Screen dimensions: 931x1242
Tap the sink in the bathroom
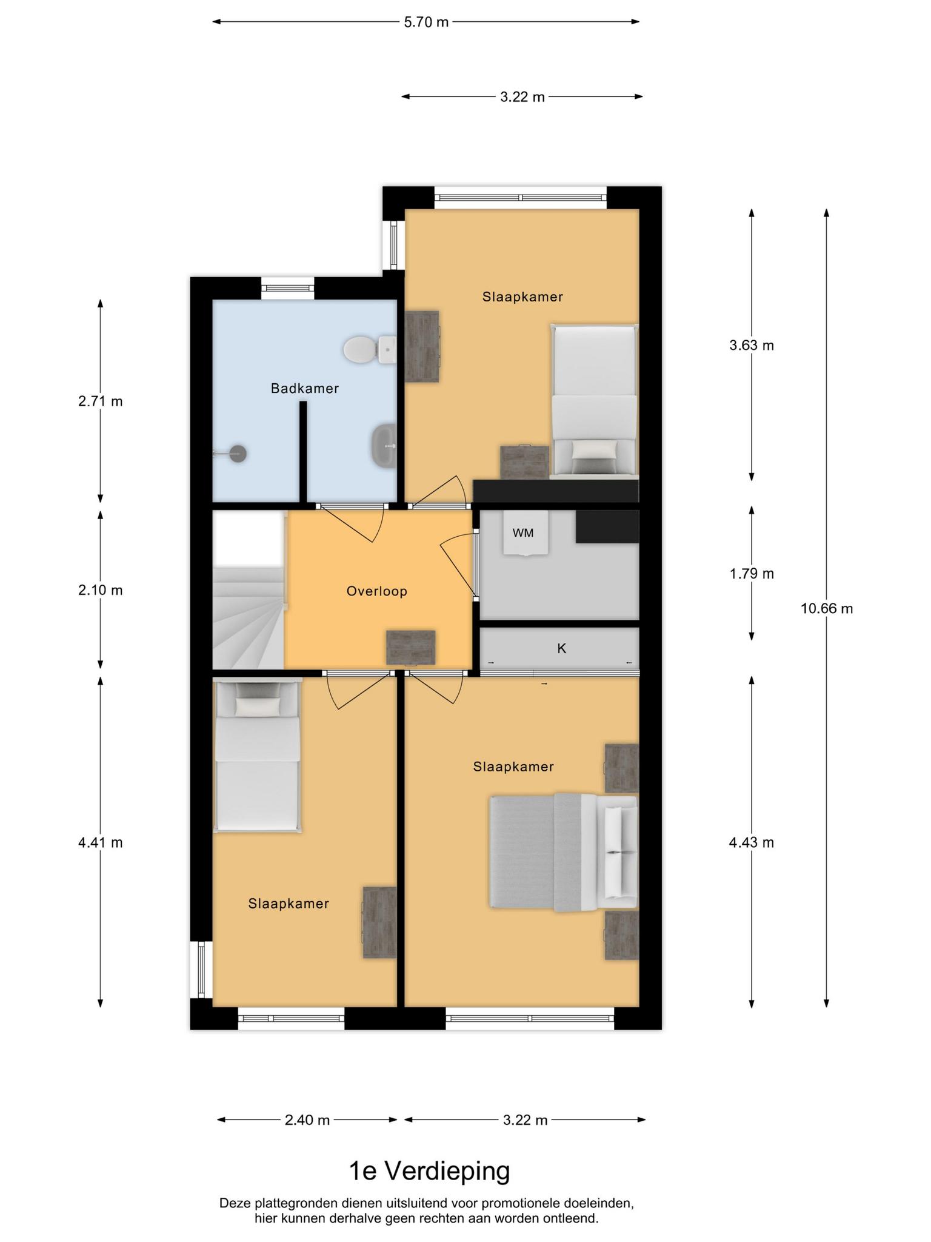[384, 445]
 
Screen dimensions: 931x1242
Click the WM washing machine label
[523, 533]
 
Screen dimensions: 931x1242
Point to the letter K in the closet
[562, 648]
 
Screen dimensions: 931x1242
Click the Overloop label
[377, 591]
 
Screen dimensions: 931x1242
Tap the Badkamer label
[305, 388]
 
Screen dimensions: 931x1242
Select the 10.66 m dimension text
[827, 608]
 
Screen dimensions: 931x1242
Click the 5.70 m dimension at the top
[426, 22]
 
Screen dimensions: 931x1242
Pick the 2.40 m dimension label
[307, 1120]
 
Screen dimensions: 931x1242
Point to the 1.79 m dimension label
[752, 573]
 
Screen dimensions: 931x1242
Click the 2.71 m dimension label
[101, 401]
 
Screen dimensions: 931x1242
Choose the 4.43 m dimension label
[752, 842]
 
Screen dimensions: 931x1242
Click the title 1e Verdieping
[430, 1172]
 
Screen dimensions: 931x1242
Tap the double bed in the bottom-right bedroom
[564, 852]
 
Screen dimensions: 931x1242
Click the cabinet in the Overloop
[411, 648]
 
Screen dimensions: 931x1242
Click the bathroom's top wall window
[288, 288]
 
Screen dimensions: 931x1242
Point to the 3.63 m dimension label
[752, 345]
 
